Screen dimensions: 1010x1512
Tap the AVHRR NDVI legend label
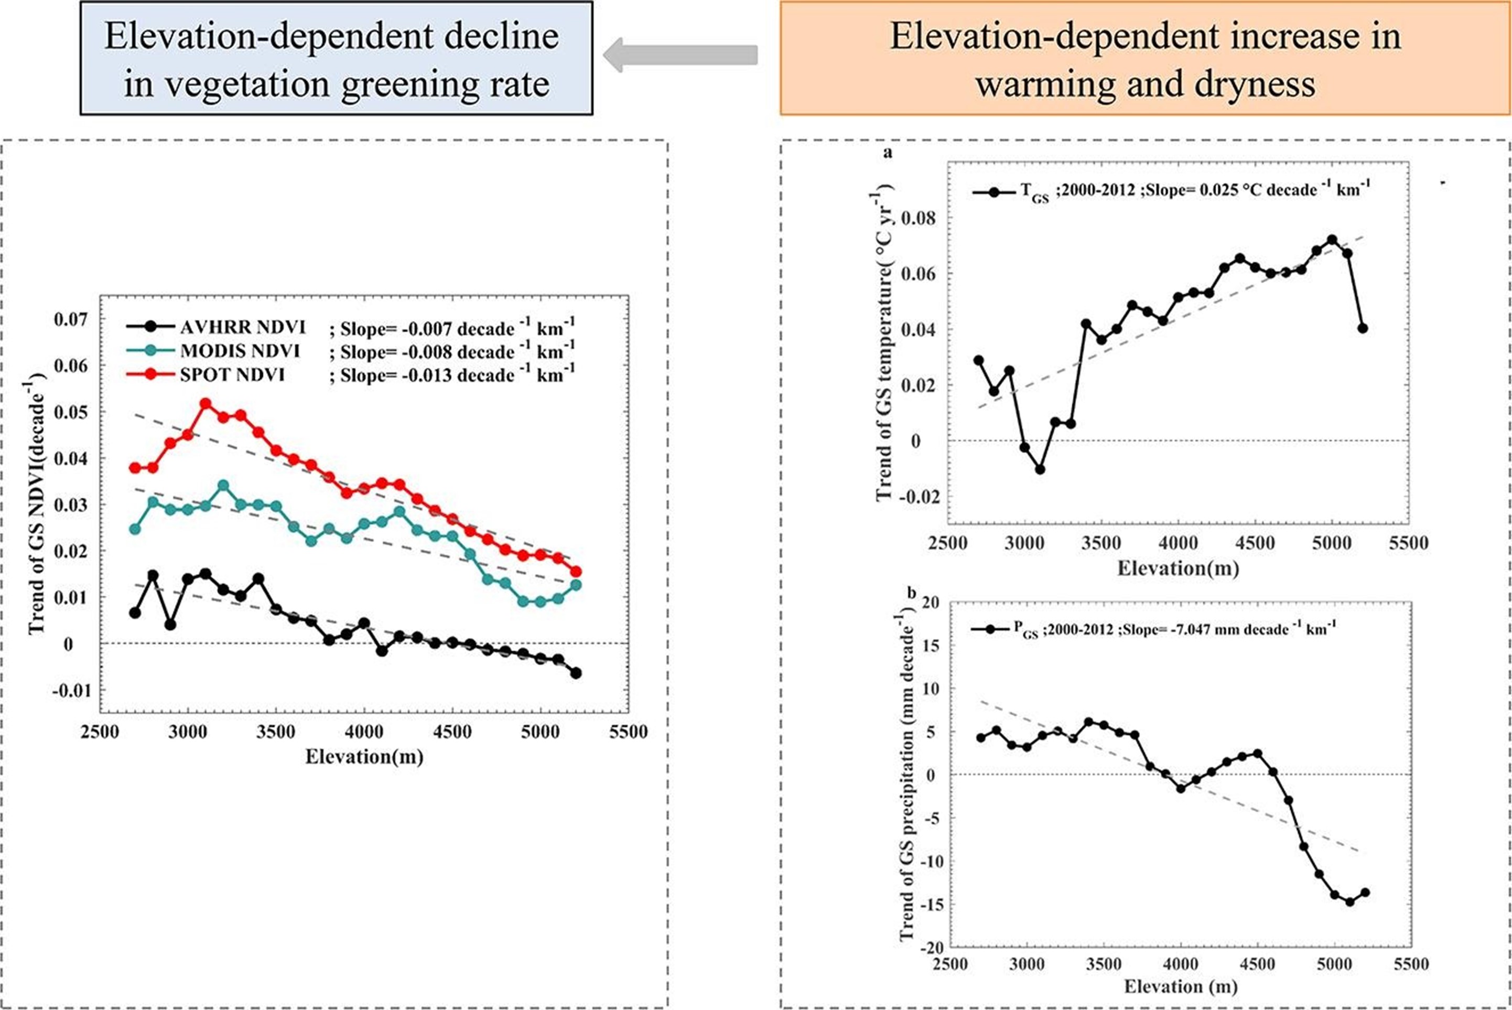point(243,327)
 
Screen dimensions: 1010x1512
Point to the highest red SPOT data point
point(206,404)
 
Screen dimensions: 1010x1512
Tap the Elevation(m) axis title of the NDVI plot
point(364,756)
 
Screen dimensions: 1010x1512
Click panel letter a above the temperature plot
point(888,153)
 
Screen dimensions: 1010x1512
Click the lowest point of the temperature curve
point(1040,469)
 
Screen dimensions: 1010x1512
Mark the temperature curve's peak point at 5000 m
point(1332,240)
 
